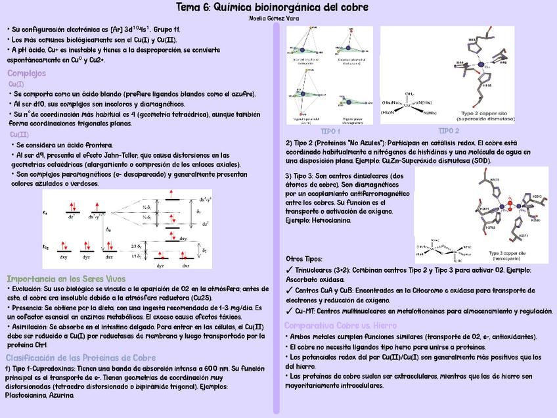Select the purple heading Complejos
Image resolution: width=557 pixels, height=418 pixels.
pos(26,73)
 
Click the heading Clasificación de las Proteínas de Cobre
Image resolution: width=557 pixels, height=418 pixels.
pos(81,358)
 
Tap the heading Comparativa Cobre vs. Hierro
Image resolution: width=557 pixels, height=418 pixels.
pos(340,325)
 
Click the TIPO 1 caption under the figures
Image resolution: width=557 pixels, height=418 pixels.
pos(330,131)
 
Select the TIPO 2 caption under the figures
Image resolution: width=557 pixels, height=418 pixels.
pos(449,131)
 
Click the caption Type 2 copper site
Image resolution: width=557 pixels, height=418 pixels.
pos(487,113)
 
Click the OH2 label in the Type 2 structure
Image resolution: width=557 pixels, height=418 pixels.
pos(409,94)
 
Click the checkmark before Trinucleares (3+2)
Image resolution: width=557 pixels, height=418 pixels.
pos(290,270)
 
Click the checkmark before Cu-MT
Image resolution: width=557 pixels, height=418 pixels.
pos(290,311)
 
